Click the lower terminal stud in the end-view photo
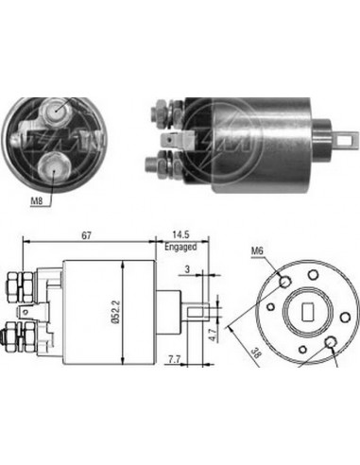coord(58,166)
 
